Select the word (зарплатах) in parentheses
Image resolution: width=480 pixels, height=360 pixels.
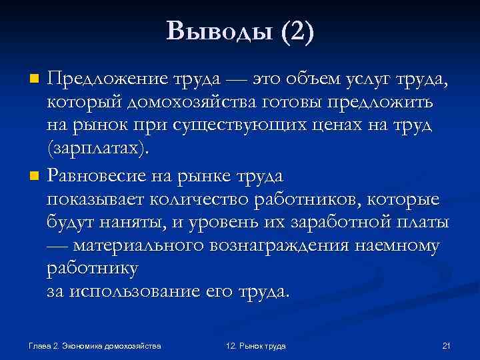[95, 150]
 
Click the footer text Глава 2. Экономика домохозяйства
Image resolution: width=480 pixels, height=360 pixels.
[95, 345]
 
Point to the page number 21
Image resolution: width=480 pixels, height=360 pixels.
[447, 345]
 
